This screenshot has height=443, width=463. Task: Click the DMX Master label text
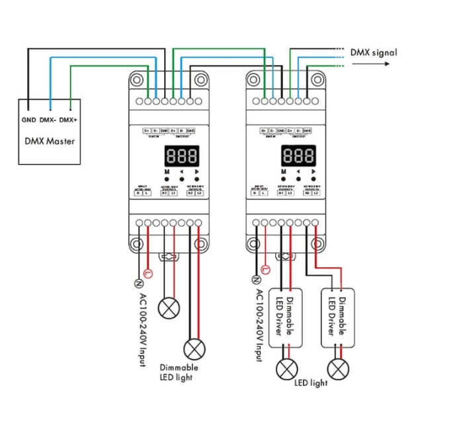(50, 141)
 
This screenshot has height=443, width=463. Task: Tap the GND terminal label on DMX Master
(28, 120)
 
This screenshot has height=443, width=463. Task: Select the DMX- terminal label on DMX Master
(48, 120)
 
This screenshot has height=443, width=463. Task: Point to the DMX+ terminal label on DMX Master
(68, 120)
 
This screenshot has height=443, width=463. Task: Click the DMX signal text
(374, 52)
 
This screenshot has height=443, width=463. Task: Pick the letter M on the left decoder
(167, 172)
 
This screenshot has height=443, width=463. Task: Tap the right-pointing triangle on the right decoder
(315, 172)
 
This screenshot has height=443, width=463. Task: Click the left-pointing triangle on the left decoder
(181, 172)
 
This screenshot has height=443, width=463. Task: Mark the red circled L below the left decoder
(147, 272)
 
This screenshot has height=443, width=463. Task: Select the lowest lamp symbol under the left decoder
(194, 347)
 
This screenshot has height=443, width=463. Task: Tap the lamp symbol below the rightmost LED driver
(338, 370)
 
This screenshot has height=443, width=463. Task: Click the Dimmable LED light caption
(179, 372)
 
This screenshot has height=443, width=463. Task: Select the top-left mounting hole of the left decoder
(137, 81)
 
